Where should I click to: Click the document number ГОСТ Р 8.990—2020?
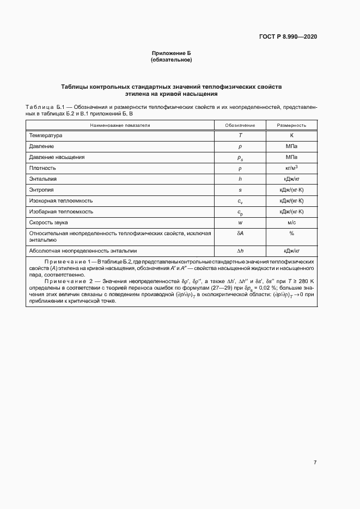coord(288,36)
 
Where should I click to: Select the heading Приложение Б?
coord(171,53)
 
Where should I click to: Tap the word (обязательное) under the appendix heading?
coord(171,59)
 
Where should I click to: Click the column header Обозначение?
coord(240,125)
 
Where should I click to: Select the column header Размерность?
coord(291,125)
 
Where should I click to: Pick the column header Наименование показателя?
coord(120,125)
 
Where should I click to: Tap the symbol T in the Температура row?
coord(240,135)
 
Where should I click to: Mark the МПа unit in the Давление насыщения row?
coord(291,157)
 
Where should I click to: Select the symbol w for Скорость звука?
coord(240,222)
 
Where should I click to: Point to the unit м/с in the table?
coord(291,222)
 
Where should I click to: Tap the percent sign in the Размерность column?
coord(291,233)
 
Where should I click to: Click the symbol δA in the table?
coord(240,233)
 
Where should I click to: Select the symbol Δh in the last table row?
coord(240,251)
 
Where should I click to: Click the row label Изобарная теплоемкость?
coord(61,211)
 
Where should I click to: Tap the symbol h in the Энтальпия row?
coord(240,179)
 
